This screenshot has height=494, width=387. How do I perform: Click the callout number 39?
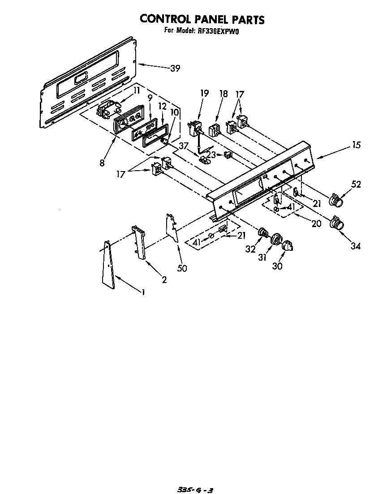(x=175, y=69)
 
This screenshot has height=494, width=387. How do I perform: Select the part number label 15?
(x=357, y=145)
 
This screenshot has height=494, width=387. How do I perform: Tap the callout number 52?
(x=357, y=184)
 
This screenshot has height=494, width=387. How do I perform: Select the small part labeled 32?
(x=263, y=232)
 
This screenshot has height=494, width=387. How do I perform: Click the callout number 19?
(x=204, y=94)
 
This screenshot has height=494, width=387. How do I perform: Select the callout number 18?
(x=224, y=94)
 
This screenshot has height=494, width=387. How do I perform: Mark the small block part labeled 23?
(x=228, y=155)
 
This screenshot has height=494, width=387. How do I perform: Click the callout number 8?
(x=103, y=163)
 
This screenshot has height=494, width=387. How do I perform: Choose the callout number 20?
(x=316, y=223)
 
